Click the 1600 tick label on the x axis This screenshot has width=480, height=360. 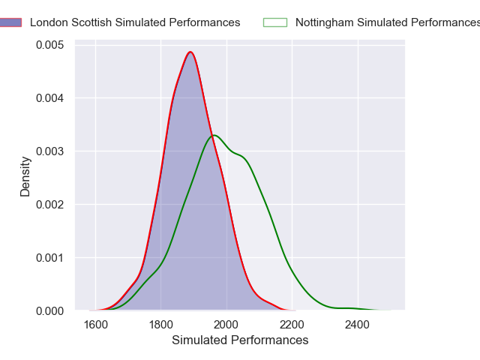[x=96, y=325]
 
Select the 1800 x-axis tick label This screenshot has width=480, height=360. [x=161, y=325]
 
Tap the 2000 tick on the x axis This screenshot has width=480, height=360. [x=226, y=325]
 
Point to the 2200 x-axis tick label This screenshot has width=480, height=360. [x=292, y=325]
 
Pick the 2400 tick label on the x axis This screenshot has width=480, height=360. [x=358, y=325]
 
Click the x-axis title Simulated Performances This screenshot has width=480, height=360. [x=240, y=340]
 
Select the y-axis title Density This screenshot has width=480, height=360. [x=25, y=176]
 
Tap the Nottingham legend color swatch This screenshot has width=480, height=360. [x=275, y=22]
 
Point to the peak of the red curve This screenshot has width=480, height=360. [x=190, y=52]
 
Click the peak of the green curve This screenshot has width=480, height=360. [x=214, y=135]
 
